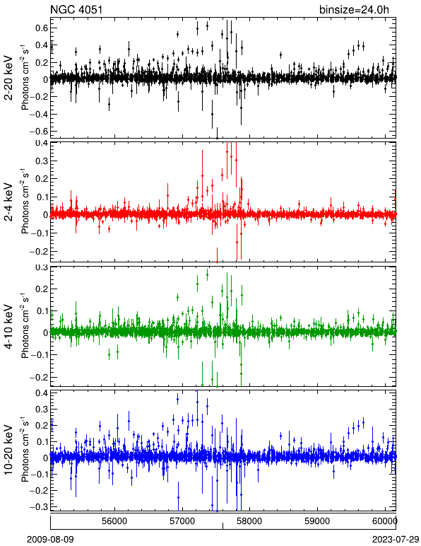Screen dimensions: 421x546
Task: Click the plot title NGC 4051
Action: coord(76,9)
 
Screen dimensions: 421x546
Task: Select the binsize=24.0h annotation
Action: coord(354,9)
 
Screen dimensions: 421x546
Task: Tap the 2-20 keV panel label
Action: coord(8,78)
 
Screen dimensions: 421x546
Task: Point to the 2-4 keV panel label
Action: coord(8,202)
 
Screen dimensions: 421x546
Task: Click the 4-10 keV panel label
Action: coord(8,327)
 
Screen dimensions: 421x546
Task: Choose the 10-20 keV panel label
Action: coord(8,450)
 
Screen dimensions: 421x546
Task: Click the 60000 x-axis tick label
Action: coord(386,521)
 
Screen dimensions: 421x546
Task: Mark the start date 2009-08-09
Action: coord(50,540)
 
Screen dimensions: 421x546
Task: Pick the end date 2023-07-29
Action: coord(396,540)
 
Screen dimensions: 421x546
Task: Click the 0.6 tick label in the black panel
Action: coord(42,28)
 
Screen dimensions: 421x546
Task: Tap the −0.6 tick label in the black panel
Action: coord(38,132)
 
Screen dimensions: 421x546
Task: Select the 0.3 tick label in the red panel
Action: coord(42,161)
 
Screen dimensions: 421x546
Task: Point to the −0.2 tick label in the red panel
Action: coord(38,251)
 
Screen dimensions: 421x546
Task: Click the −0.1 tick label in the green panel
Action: coord(38,355)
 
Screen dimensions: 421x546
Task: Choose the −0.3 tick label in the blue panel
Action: coord(38,507)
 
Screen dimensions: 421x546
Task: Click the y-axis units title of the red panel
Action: coord(25,202)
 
